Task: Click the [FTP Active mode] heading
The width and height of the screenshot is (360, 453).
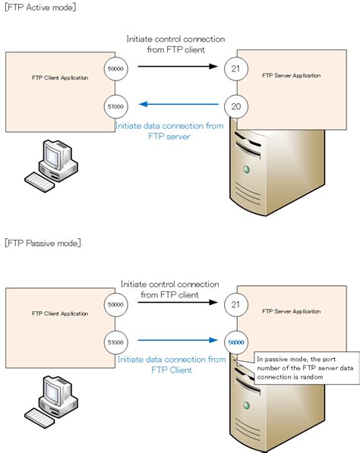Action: pos(39,7)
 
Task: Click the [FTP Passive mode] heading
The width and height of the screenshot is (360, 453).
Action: pos(43,243)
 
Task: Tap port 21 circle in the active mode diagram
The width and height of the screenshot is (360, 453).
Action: pos(235,68)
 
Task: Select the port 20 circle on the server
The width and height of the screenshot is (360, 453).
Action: pos(235,106)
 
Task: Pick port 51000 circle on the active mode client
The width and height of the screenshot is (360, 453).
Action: pos(116,106)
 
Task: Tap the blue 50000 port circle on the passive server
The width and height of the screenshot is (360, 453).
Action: pos(237,342)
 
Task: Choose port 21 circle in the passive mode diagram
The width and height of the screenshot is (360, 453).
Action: pos(237,304)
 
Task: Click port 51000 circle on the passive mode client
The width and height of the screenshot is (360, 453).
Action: pos(116,341)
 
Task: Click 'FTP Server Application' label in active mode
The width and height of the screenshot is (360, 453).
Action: pos(290,76)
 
